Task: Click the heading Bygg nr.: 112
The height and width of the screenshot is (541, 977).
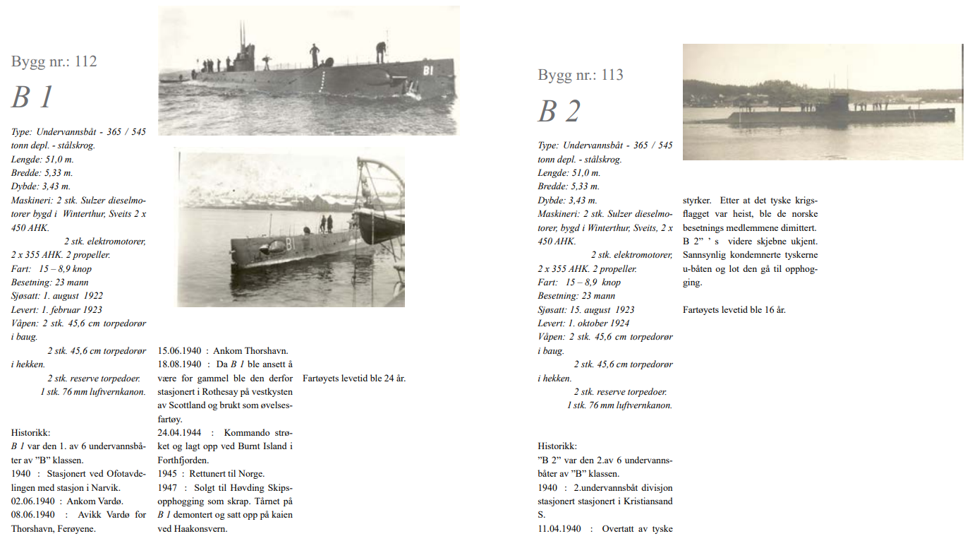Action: point(54,61)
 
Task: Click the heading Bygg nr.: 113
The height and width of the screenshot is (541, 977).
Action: point(581,75)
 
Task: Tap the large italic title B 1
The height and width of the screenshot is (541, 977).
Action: point(32,97)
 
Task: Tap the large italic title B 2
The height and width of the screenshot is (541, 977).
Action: point(559,112)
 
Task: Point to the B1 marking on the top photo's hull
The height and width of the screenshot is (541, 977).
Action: point(427,70)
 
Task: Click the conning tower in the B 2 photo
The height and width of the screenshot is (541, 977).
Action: point(839,102)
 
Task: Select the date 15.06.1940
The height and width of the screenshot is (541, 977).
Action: point(179,350)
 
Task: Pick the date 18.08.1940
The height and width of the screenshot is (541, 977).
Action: point(179,364)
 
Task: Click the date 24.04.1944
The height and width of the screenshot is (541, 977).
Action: point(179,432)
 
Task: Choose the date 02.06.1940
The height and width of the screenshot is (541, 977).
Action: point(34,501)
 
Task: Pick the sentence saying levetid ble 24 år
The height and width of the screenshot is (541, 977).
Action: point(354,378)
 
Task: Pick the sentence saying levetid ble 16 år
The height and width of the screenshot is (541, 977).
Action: point(734,309)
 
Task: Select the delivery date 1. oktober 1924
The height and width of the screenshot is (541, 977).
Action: point(596,323)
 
